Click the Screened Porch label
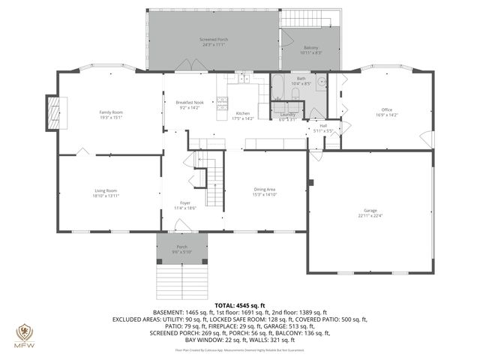click(214, 41)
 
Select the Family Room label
click(110, 114)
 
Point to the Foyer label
click(184, 205)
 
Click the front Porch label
click(181, 248)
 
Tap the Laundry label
click(288, 116)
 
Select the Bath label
click(301, 80)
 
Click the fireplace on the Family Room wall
click(52, 113)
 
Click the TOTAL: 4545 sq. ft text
click(240, 305)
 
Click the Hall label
click(323, 128)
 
